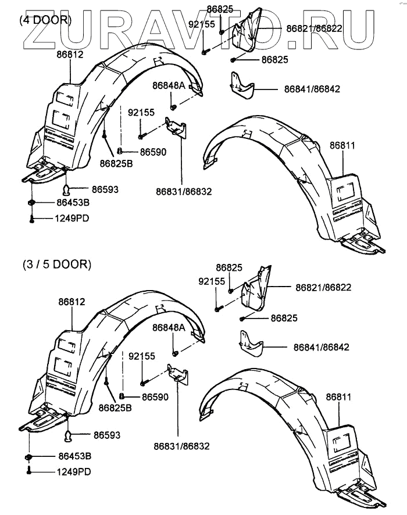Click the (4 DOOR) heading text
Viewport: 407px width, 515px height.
(45, 19)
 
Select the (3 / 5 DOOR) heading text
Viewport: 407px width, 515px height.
(57, 264)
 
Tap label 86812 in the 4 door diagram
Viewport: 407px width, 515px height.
(70, 55)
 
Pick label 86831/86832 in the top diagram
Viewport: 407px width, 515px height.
(184, 191)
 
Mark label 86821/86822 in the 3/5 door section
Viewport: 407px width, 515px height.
(323, 288)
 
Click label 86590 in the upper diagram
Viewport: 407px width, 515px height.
(138, 152)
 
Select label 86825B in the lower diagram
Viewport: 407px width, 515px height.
(115, 407)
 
